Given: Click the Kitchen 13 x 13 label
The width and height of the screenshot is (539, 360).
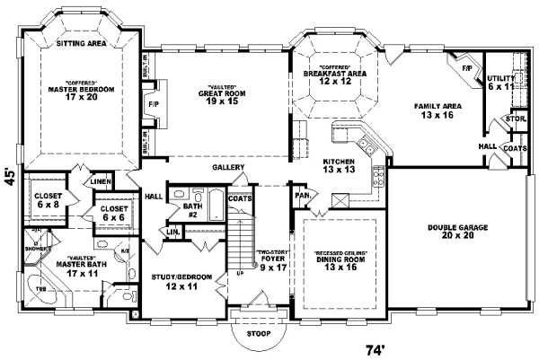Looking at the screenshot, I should (x=340, y=165).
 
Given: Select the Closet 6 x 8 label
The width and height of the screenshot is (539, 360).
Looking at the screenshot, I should (x=48, y=199).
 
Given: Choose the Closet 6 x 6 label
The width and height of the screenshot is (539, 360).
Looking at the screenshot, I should (x=114, y=213).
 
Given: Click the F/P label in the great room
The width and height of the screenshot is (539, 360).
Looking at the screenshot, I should (x=153, y=104).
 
